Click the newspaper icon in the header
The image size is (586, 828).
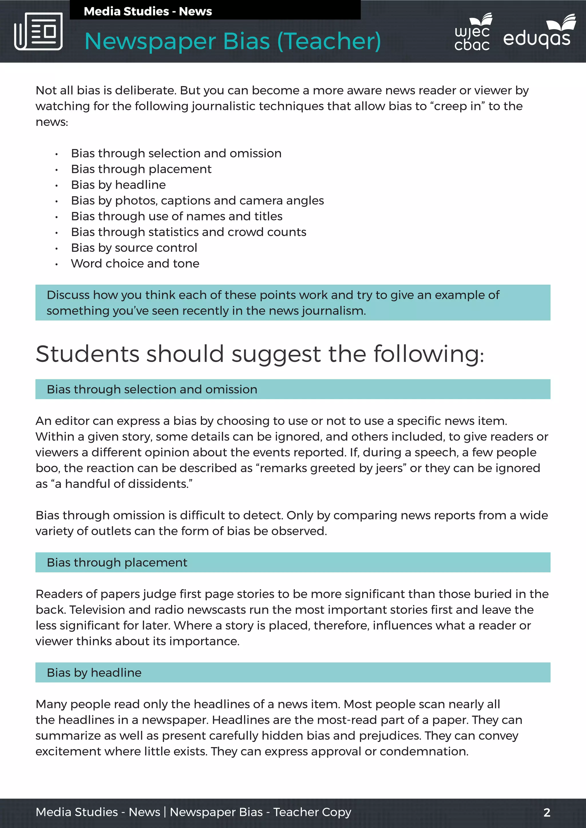click(x=38, y=31)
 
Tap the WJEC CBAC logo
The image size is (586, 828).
click(x=472, y=33)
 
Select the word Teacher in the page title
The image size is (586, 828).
click(x=328, y=41)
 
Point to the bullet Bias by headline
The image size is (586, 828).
click(x=118, y=185)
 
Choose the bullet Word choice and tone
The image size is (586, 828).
click(x=135, y=264)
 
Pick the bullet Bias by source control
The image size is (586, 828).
click(x=134, y=248)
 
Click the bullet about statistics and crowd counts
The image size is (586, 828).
click(x=188, y=232)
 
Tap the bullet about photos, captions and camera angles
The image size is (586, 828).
click(x=197, y=200)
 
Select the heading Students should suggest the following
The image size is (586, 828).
click(x=260, y=354)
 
